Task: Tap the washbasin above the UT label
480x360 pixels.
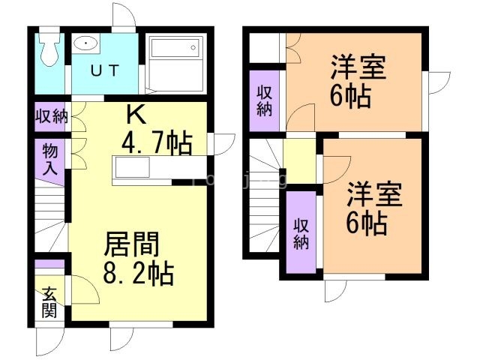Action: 88,43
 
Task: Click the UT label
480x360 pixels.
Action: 106,71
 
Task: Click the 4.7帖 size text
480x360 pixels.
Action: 157,141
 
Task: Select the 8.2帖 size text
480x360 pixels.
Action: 139,271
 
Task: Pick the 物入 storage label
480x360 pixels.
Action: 50,160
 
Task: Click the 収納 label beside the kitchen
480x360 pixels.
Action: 50,117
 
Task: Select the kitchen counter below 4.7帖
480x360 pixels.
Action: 142,169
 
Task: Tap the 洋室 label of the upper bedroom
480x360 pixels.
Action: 358,68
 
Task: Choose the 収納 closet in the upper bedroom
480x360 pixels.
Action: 265,100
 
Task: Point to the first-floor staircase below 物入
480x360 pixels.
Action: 51,221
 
